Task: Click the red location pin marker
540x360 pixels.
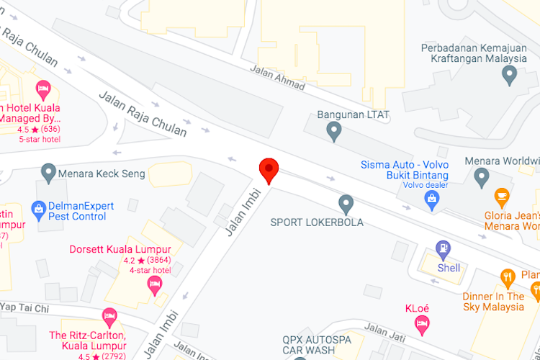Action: coord(269,170)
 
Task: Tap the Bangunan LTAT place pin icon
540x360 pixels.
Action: coord(333,130)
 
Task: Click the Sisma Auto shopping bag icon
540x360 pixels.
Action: coord(433,203)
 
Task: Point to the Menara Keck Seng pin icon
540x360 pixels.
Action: coord(48,172)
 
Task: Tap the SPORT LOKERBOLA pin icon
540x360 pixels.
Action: coord(346,204)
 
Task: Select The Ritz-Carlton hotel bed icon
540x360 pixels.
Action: coord(109,317)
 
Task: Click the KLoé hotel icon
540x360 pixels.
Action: coord(422,325)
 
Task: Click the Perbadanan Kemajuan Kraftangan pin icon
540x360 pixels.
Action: coord(510,73)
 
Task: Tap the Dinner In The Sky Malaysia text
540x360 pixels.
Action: coord(493,301)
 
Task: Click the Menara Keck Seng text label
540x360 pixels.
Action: coord(104,174)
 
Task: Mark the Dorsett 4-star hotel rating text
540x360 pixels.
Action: coord(150,270)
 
